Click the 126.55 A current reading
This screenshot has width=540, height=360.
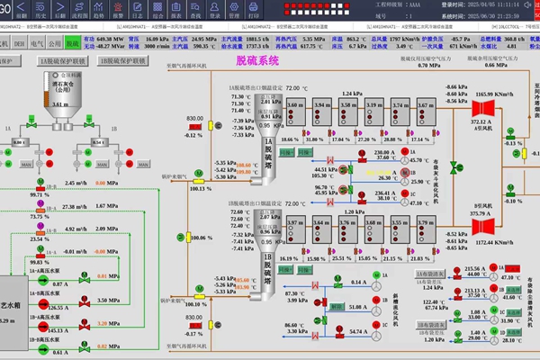pos(58,306)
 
